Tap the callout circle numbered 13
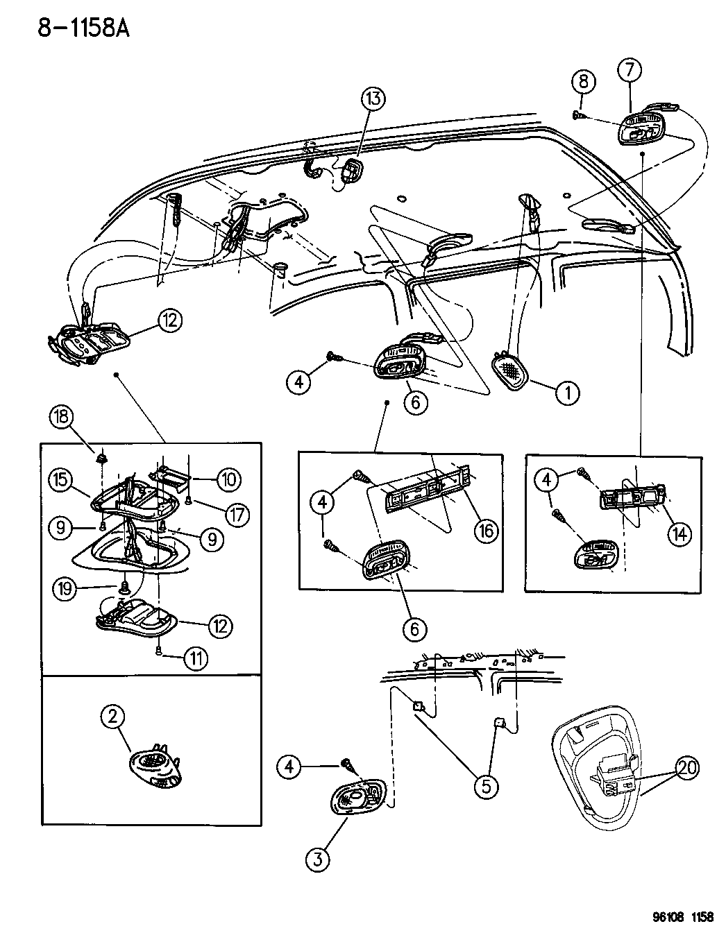coord(373,99)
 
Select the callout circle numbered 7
coord(630,70)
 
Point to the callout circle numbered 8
coord(583,82)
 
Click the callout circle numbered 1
coord(567,393)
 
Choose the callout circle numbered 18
coord(60,418)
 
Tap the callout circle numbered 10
coord(228,479)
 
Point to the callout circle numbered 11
coord(195,658)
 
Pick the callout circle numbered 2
coord(113,717)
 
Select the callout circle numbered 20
coord(688,768)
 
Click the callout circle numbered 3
coord(317,860)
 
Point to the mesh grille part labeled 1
coord(512,370)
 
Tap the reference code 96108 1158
coord(683,916)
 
